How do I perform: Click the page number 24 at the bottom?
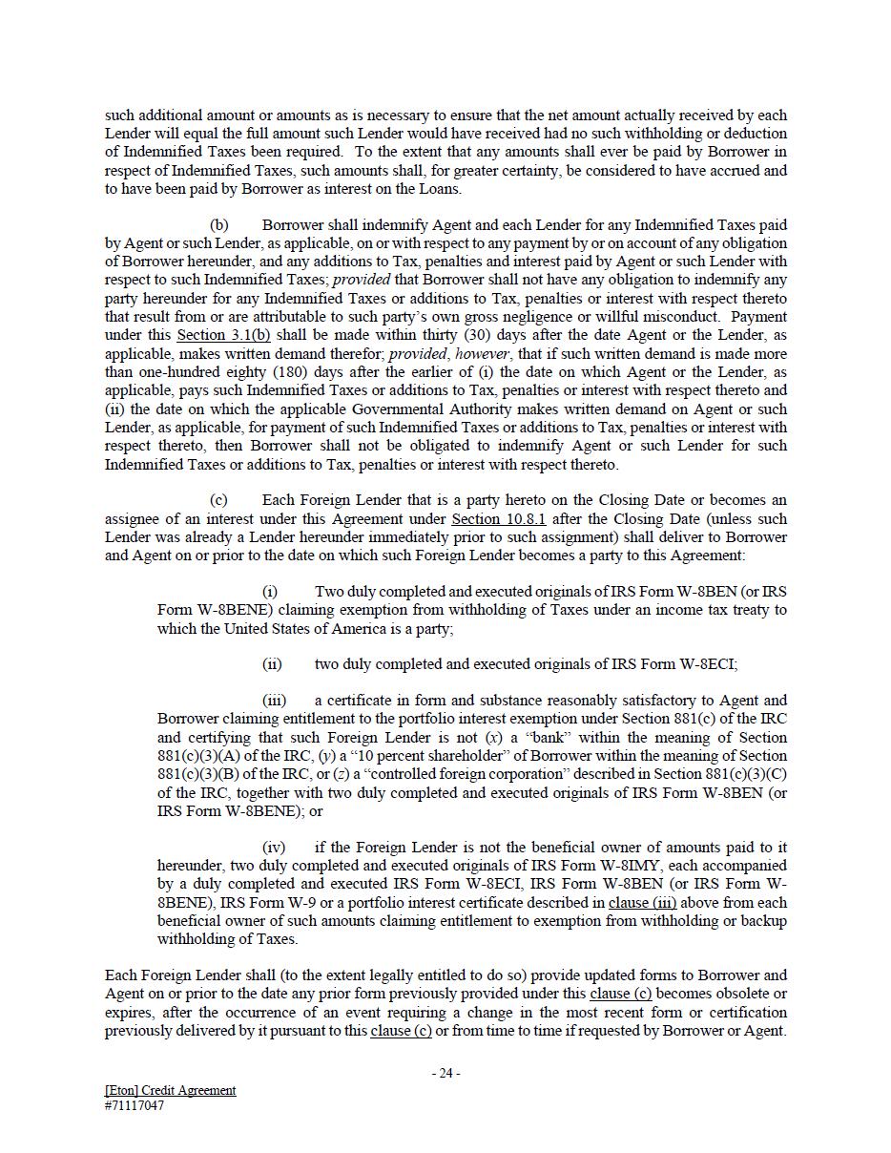point(445,1073)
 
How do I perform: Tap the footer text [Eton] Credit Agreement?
point(170,1090)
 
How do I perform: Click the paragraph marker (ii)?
point(272,664)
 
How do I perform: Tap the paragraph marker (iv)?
point(274,848)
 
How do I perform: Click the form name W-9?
point(270,902)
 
